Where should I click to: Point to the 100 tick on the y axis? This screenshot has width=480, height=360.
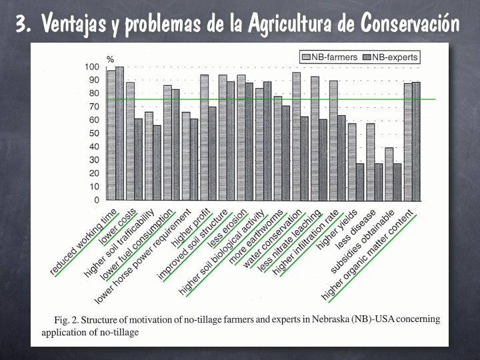pyautogui.click(x=91, y=67)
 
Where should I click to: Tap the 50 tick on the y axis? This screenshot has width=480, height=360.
pyautogui.click(x=93, y=133)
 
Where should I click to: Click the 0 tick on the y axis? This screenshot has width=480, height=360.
pyautogui.click(x=97, y=200)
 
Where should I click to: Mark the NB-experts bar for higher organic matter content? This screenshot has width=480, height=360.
pyautogui.click(x=416, y=141)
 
